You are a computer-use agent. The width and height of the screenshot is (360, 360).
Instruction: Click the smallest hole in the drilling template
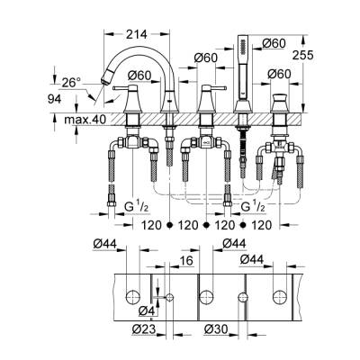click(x=170, y=297)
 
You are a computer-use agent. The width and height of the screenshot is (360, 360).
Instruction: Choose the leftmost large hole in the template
click(x=133, y=296)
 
